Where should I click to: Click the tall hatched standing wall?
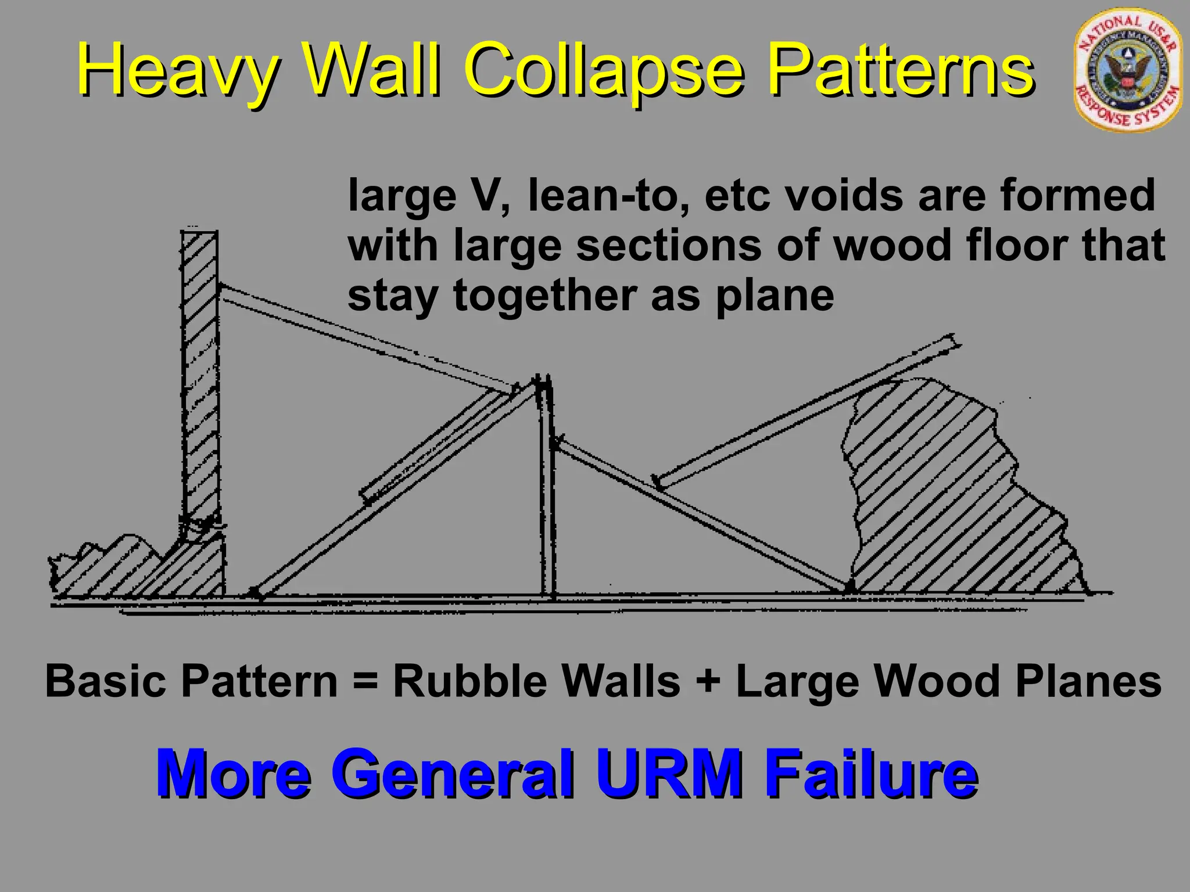(200, 377)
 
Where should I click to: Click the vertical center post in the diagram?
(547, 494)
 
